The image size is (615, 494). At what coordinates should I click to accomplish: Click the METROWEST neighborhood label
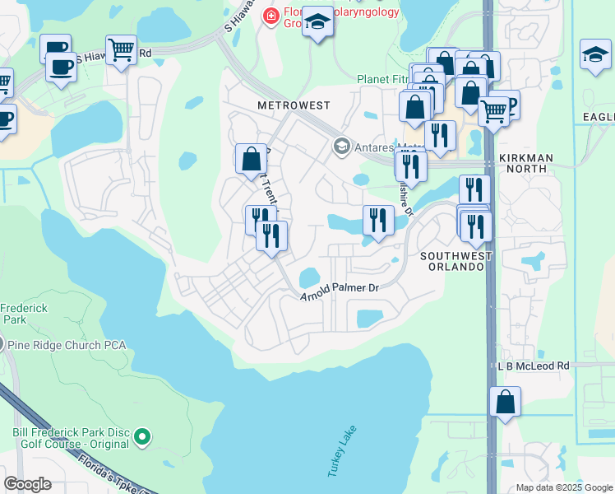coord(294,106)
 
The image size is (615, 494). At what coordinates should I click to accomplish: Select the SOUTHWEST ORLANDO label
coord(456,262)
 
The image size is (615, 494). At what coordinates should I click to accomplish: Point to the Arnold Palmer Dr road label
coord(339,290)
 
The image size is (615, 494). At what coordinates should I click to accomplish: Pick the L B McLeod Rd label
coord(534,365)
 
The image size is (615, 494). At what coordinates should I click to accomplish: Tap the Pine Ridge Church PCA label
coord(69,344)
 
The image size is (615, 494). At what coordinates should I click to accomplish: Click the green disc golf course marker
coord(143,436)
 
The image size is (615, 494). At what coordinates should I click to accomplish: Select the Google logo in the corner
coord(27,484)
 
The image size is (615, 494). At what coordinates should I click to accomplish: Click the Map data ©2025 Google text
coord(563,487)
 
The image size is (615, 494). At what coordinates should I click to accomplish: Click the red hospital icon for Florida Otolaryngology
coord(269,16)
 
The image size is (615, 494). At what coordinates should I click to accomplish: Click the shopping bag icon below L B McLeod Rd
coord(505,403)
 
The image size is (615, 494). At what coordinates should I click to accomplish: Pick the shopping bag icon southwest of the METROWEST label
coord(251,159)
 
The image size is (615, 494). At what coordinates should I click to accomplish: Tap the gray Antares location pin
coord(341,147)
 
